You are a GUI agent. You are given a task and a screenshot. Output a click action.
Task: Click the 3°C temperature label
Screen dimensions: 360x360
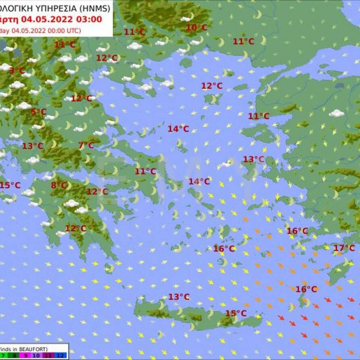[x=17, y=71]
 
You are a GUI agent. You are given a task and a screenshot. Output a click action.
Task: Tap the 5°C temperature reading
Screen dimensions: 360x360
[x=39, y=112]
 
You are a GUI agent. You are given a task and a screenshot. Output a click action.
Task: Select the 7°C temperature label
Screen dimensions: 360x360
[x=86, y=145]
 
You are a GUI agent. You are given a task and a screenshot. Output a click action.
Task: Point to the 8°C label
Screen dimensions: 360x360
[x=58, y=185]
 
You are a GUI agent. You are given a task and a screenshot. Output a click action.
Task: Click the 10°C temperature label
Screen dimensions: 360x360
[x=196, y=28]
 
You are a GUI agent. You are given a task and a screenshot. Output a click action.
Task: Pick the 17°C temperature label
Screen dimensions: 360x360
[x=344, y=248]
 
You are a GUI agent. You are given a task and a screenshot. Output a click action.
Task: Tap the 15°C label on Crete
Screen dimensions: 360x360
[x=236, y=313]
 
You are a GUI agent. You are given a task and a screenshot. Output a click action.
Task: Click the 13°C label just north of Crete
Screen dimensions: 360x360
[x=179, y=297]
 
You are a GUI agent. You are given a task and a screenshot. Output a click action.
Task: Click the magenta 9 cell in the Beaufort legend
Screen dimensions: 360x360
[x=25, y=355]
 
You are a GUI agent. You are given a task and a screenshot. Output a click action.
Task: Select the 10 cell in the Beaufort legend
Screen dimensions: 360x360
[x=37, y=355]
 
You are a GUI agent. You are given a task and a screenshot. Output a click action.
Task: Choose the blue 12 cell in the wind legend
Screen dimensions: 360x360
[x=61, y=355]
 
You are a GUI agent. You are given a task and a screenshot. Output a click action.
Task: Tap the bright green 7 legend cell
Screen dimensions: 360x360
[x=4, y=355]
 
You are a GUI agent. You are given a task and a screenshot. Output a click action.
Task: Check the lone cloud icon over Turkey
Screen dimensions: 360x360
[x=337, y=114]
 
